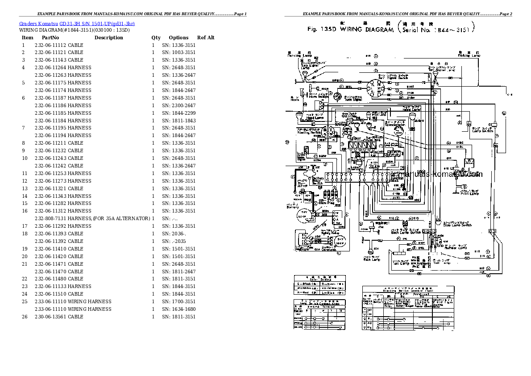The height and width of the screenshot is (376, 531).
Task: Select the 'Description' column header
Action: tap(108, 38)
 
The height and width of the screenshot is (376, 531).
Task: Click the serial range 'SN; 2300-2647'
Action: tap(179, 105)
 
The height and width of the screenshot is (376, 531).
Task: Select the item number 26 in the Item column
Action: tap(25, 317)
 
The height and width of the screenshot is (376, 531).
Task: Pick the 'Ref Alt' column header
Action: tap(206, 38)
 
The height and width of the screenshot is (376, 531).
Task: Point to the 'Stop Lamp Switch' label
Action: tap(457, 225)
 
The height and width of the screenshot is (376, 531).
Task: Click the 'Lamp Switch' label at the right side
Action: tap(482, 131)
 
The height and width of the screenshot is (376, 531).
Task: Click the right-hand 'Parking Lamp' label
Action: tap(469, 56)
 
